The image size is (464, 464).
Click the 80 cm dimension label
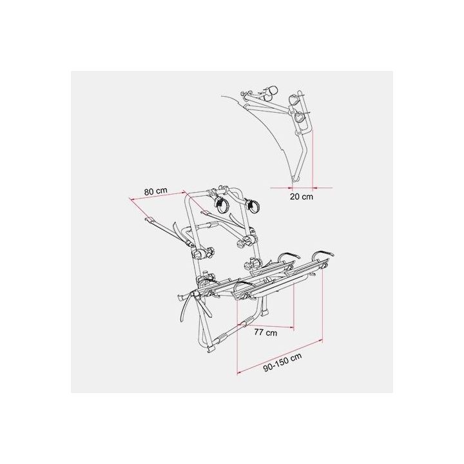[x=156, y=191]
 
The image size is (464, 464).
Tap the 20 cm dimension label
[x=301, y=197]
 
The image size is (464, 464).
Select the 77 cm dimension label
[x=266, y=333]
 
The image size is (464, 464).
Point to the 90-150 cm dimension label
[x=283, y=362]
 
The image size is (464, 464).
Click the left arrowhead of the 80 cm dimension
[x=131, y=199]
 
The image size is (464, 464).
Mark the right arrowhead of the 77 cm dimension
[x=292, y=327]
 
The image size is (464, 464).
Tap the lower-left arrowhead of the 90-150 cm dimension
[x=239, y=372]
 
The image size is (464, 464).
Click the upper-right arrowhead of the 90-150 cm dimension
[x=320, y=341]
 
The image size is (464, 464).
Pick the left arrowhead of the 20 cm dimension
[x=290, y=187]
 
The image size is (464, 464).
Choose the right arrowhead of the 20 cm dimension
[x=315, y=187]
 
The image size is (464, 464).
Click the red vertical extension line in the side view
[x=312, y=160]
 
